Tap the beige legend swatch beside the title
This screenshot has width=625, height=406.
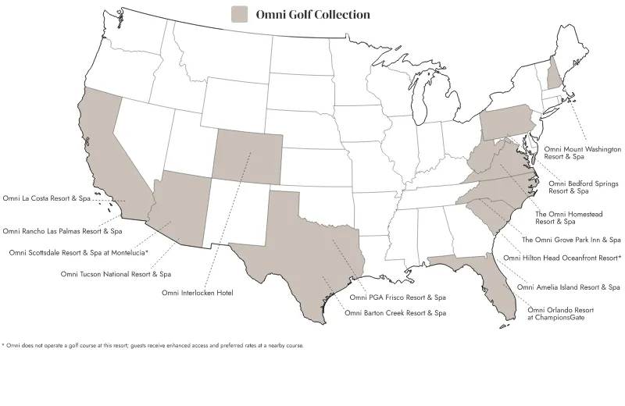[240, 15]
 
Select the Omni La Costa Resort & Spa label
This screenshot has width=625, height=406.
[47, 199]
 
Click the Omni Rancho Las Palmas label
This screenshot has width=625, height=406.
[62, 231]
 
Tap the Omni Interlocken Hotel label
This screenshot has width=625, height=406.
[198, 293]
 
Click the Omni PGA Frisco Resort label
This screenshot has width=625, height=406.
[398, 297]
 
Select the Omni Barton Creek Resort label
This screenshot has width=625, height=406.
[395, 313]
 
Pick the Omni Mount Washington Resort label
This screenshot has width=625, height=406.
[582, 152]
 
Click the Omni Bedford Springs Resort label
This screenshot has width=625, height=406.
[583, 187]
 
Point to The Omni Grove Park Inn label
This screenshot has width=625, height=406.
[571, 240]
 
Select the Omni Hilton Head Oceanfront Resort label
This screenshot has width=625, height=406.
[562, 257]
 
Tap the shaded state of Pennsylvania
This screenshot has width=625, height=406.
[508, 124]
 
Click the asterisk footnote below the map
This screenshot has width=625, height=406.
[152, 345]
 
